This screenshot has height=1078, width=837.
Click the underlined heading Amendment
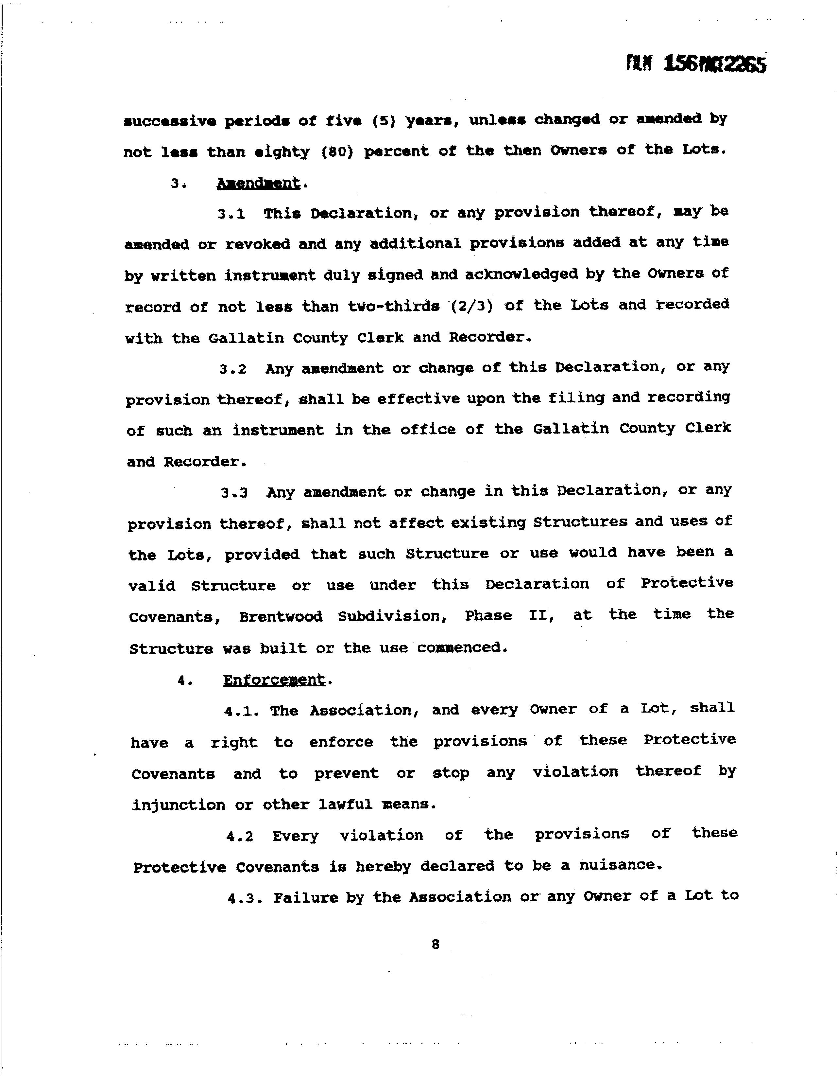[258, 183]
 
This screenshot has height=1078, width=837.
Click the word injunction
[179, 805]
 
